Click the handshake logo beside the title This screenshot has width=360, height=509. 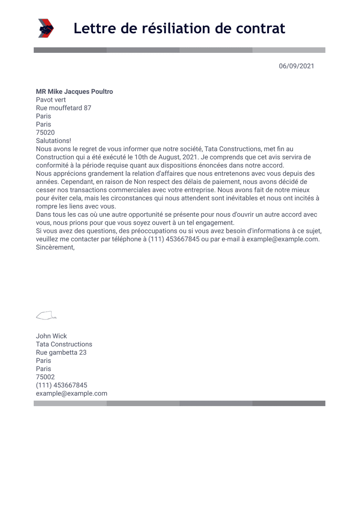46,28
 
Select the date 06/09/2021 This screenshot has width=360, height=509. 297,66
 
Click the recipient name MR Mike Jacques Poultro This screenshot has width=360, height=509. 74,92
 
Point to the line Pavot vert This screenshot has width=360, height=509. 51,100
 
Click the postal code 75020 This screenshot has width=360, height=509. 45,132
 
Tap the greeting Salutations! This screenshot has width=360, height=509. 53,141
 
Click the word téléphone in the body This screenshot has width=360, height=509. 125,239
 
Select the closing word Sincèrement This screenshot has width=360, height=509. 55,247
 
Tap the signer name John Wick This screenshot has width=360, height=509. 51,336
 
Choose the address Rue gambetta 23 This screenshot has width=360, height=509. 61,352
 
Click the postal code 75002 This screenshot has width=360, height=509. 45,377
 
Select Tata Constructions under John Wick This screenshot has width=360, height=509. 64,344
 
